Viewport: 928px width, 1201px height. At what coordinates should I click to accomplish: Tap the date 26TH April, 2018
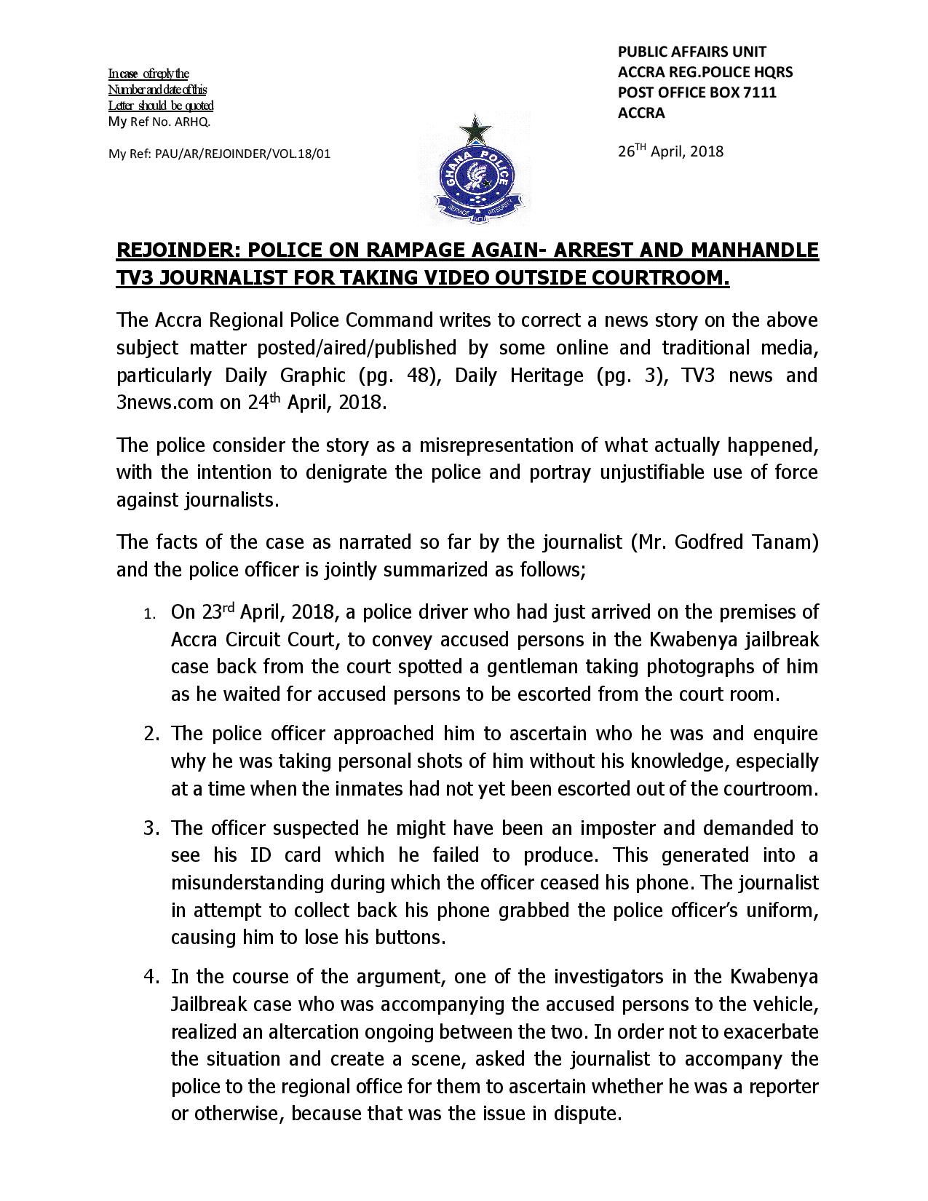coord(670,151)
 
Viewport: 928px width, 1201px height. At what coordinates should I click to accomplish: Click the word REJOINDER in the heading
coord(176,250)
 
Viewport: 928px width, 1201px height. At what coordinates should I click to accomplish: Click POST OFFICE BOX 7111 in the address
coord(697,92)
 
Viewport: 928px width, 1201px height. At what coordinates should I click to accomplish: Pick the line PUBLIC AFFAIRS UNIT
coord(691,52)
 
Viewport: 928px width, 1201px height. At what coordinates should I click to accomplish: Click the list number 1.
coord(148,614)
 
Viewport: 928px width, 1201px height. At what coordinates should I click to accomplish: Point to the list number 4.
coord(150,977)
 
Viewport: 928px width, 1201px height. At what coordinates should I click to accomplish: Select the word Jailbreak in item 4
coord(210,1004)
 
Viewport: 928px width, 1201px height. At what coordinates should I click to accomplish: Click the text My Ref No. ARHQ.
coord(159,122)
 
